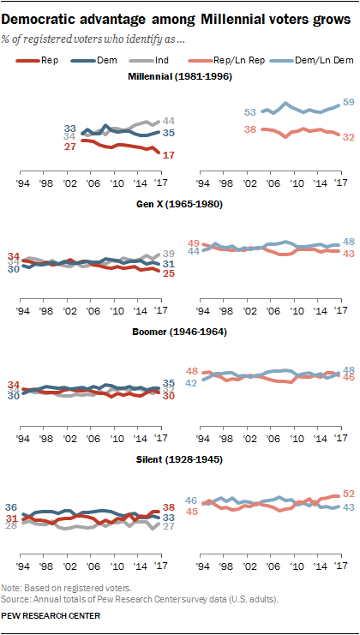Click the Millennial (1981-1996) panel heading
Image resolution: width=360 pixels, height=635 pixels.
pos(179,79)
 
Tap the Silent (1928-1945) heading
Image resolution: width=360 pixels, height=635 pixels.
pos(179,459)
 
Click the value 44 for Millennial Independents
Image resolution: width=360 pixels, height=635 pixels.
pos(169,121)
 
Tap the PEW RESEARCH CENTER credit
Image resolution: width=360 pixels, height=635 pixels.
pos(52,615)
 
